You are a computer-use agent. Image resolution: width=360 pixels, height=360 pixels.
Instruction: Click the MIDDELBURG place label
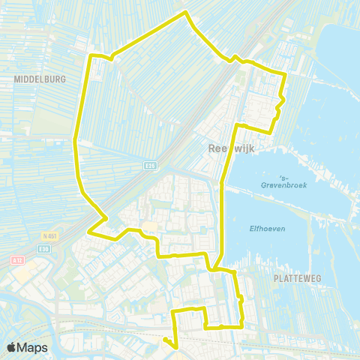click(40, 78)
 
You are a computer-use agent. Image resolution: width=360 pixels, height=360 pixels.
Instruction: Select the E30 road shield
click(45, 248)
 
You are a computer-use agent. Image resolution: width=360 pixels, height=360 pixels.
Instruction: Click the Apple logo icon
click(13, 347)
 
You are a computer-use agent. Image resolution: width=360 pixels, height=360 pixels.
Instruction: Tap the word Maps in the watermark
click(34, 347)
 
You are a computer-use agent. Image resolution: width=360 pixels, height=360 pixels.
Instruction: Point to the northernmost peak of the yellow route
click(185, 12)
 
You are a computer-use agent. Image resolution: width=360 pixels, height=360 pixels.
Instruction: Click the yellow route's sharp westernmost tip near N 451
click(89, 232)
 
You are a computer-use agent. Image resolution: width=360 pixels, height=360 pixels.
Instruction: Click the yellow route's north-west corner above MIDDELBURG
click(92, 56)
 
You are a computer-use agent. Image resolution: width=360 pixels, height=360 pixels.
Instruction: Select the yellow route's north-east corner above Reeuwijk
click(285, 74)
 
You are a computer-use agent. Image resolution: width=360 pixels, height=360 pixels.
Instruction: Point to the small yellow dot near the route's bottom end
click(166, 339)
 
